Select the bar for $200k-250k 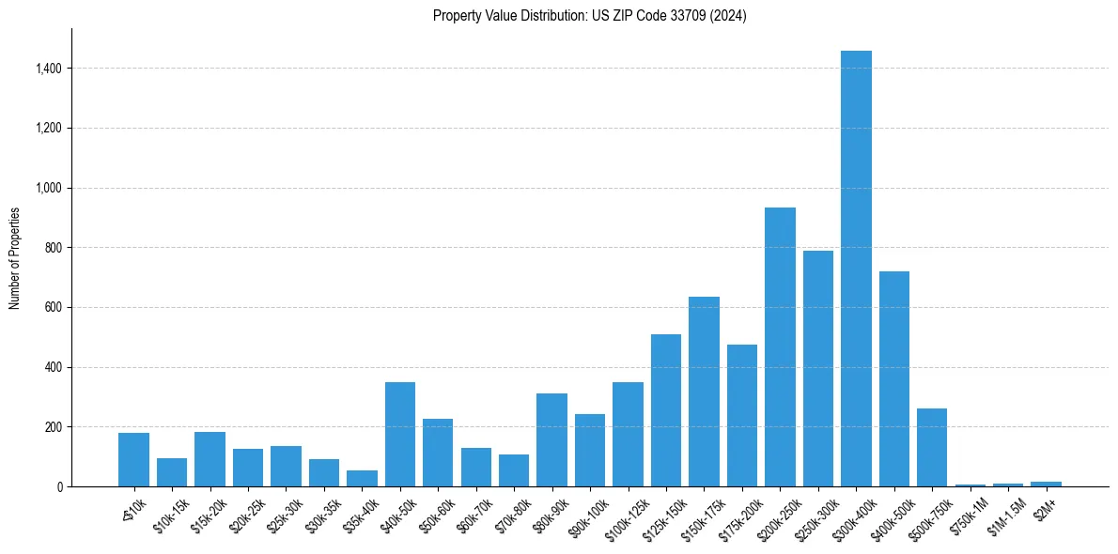[780, 347]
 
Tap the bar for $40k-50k [400, 434]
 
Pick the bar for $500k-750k [932, 447]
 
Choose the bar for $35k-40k [362, 478]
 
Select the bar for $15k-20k [210, 459]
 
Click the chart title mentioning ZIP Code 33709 [590, 15]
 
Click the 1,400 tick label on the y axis [49, 69]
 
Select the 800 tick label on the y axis [54, 248]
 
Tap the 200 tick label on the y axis [54, 427]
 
